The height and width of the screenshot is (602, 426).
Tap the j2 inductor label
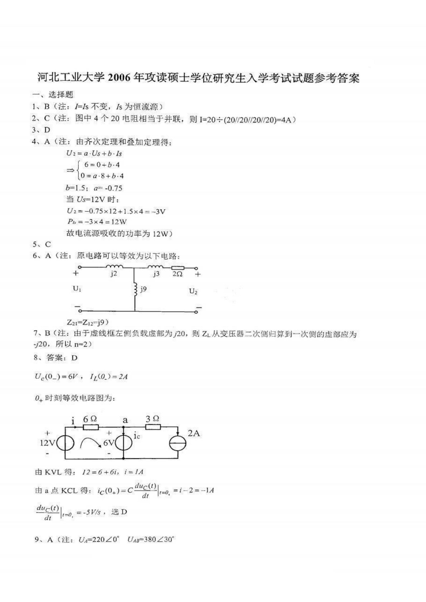(x=113, y=274)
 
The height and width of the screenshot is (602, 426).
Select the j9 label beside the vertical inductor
(x=143, y=289)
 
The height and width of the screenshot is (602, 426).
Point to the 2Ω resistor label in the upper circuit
(x=177, y=274)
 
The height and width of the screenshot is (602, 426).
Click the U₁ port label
(x=77, y=289)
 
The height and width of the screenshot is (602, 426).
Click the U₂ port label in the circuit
(x=193, y=291)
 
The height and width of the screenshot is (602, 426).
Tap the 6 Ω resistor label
(x=90, y=419)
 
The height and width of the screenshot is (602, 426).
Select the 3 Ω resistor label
(x=152, y=419)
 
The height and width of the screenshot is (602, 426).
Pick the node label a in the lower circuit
(x=125, y=420)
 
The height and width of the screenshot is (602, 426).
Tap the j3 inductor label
(x=156, y=274)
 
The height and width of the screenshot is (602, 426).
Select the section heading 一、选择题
(x=53, y=94)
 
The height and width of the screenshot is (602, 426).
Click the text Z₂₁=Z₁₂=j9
(x=88, y=322)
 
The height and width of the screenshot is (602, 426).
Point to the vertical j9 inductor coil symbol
(x=135, y=290)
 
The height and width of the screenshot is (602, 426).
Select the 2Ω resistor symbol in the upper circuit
(x=178, y=268)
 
